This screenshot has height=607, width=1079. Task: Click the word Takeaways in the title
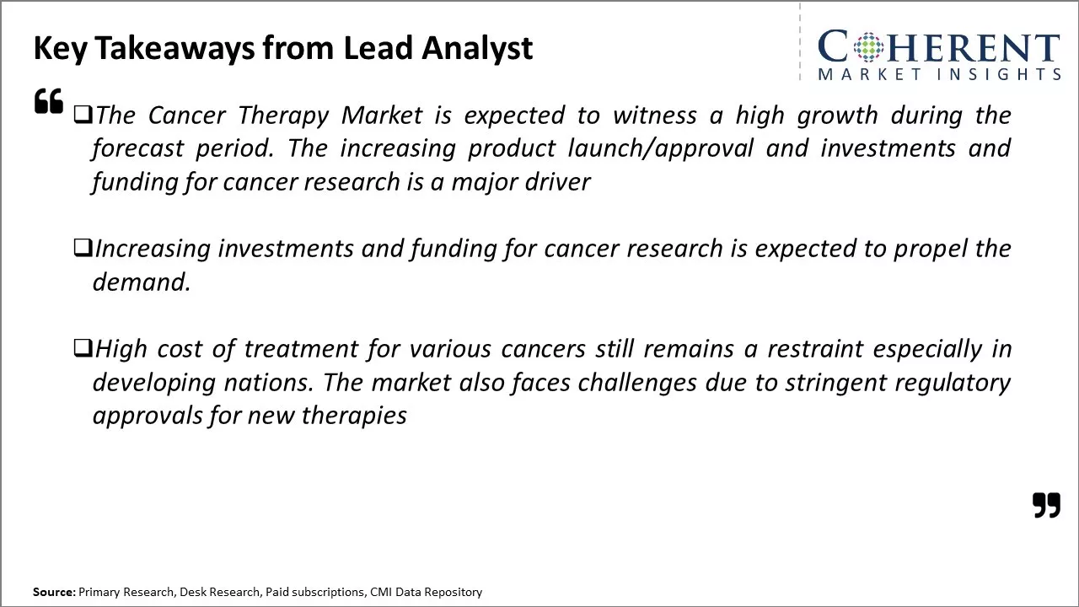pyautogui.click(x=174, y=48)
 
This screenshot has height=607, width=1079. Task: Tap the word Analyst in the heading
pyautogui.click(x=476, y=48)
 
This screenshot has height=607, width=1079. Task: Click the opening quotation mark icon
pyautogui.click(x=49, y=101)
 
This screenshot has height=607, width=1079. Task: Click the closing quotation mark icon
pyautogui.click(x=1046, y=505)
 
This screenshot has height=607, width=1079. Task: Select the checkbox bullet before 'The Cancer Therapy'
pyautogui.click(x=83, y=115)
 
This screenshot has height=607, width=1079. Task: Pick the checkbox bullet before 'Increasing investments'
pyautogui.click(x=83, y=248)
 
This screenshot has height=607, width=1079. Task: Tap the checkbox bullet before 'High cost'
pyautogui.click(x=83, y=348)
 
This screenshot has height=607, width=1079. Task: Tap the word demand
pyautogui.click(x=141, y=282)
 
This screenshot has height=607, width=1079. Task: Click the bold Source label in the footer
pyautogui.click(x=54, y=592)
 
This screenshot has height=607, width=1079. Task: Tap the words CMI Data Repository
pyautogui.click(x=426, y=592)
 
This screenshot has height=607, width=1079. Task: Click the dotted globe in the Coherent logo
pyautogui.click(x=867, y=47)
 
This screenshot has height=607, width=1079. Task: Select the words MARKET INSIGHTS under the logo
pyautogui.click(x=938, y=74)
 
